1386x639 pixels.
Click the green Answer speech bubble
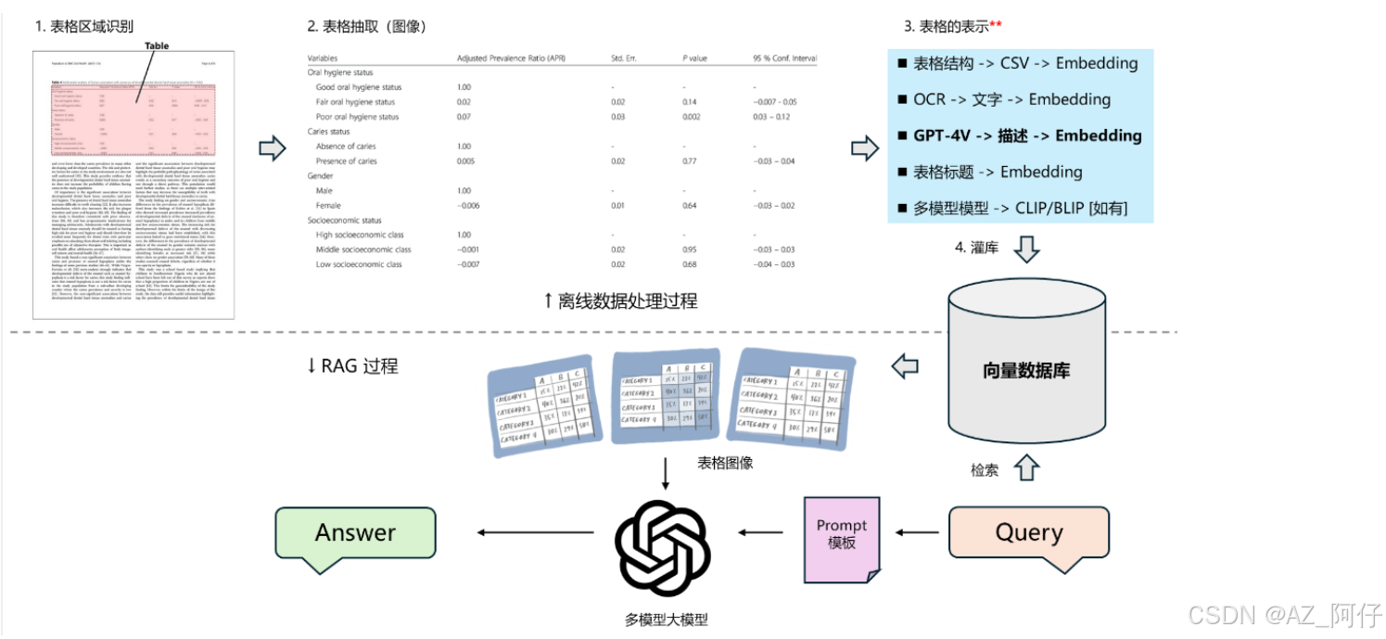355,533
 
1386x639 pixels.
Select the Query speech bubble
1028,533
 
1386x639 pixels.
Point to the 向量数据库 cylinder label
1026,371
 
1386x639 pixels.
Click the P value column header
695,58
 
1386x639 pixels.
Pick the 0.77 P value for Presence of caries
689,161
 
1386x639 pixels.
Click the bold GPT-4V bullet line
1020,135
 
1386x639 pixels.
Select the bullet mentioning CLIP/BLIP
1020,208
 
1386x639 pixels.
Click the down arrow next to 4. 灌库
1028,249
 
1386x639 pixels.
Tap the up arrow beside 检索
1024,468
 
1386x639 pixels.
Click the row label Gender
322,175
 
